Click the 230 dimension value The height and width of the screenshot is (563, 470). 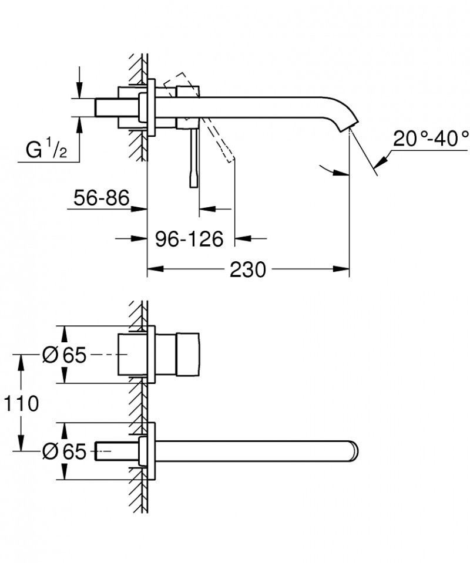point(247,269)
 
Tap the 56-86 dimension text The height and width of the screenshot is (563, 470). point(102,198)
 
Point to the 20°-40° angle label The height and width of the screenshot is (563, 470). point(431,139)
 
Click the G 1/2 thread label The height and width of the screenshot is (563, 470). point(46,150)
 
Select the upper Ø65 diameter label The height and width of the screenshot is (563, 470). point(64,355)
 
